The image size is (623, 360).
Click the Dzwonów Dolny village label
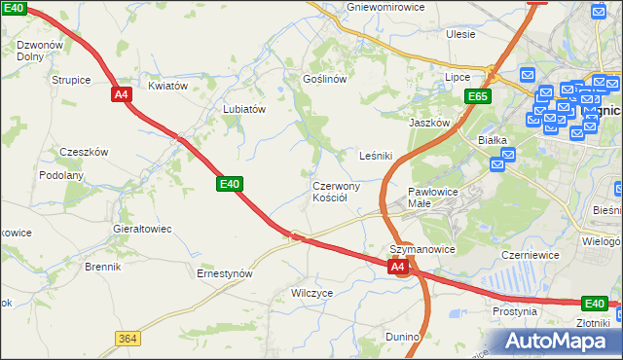point(39,51)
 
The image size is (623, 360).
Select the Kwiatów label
point(167,86)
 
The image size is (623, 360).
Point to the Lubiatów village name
point(244,109)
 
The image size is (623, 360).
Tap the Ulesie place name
point(460,34)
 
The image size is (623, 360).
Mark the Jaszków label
point(429,123)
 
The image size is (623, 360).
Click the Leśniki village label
point(376,155)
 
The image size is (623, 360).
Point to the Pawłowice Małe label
point(433,198)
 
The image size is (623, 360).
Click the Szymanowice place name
point(422,249)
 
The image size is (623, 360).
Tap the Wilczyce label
point(312,292)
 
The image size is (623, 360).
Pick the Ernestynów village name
point(225,273)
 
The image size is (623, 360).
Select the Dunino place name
point(401,337)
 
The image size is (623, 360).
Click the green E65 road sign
point(477,96)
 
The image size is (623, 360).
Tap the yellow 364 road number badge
point(127,338)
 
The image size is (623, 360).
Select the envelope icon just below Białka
point(497,165)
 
